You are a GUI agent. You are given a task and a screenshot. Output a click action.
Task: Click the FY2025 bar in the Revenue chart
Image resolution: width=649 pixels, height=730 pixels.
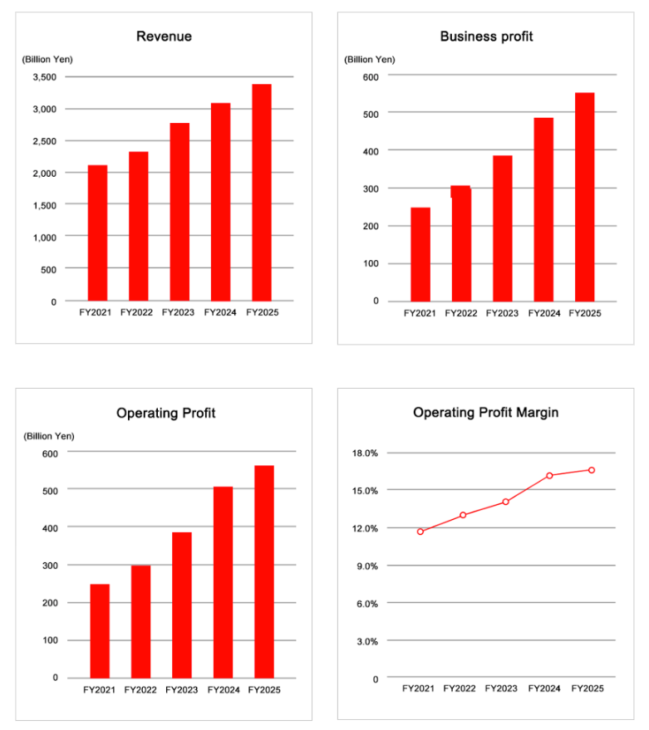tap(262, 193)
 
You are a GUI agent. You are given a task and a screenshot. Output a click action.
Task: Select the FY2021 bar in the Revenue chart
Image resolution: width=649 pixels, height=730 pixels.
tap(97, 233)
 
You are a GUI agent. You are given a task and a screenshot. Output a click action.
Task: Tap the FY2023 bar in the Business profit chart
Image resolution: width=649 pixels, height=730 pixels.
tap(502, 228)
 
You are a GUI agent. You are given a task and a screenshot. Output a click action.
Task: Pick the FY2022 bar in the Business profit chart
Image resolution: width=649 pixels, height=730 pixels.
tap(461, 243)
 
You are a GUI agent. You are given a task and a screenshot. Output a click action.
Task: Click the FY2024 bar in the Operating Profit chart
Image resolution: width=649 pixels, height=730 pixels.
tap(224, 582)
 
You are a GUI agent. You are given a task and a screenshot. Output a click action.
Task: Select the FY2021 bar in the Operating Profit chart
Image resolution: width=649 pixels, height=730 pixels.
tap(100, 631)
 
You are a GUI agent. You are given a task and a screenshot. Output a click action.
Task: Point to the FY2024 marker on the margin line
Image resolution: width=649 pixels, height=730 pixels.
tap(550, 475)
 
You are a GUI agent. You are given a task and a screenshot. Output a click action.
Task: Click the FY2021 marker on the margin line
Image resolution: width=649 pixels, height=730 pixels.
tap(420, 532)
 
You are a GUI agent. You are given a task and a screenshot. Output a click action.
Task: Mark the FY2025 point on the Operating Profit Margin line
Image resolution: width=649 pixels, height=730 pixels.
tap(591, 470)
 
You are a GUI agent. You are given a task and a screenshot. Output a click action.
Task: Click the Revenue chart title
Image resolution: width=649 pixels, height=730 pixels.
tap(164, 37)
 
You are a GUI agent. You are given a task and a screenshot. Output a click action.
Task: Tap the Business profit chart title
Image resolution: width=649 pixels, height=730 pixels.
tap(486, 37)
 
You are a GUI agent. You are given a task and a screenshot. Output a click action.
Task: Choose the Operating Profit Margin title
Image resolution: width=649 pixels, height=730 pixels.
tap(485, 413)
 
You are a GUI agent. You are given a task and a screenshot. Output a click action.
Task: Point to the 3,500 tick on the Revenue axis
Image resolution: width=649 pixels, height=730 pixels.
tap(44, 77)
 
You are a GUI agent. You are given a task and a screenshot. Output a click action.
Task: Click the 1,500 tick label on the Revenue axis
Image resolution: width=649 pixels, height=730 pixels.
tap(44, 205)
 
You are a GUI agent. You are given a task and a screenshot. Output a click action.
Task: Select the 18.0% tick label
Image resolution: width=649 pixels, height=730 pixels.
tap(365, 453)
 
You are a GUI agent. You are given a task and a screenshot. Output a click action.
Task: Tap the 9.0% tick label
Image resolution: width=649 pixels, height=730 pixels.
tap(367, 566)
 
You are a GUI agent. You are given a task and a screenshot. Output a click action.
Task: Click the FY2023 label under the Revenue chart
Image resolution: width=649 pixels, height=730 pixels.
tap(178, 312)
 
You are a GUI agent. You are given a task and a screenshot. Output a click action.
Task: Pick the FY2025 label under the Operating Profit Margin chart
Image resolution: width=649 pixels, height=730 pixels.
tap(587, 688)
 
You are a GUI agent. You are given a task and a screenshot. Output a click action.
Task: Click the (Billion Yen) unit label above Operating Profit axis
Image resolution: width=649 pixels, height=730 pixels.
tap(49, 436)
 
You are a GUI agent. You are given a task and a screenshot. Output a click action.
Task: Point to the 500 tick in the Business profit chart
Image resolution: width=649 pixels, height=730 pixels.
tap(371, 114)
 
